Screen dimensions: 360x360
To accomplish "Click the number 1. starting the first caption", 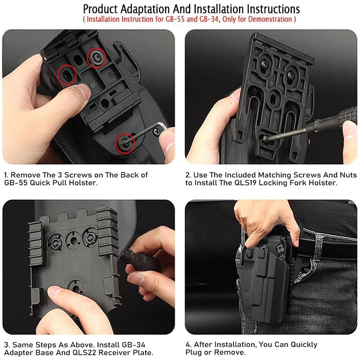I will (x=7, y=175).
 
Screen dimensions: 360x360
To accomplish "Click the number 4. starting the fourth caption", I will (x=189, y=344).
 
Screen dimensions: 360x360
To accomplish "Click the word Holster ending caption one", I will (x=84, y=183).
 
